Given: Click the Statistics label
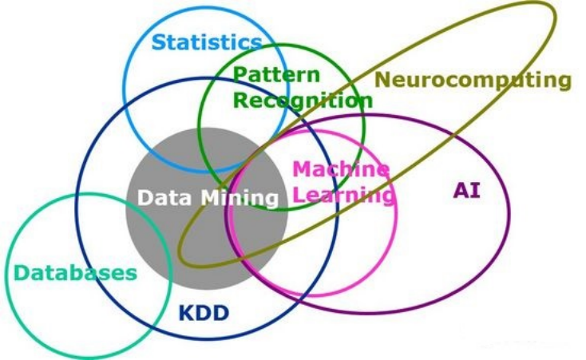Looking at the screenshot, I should [x=206, y=42].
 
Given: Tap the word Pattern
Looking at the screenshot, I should [x=276, y=76].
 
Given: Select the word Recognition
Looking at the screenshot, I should [x=303, y=101].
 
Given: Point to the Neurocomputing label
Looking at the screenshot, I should [x=473, y=80].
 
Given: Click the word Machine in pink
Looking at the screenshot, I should [x=341, y=169].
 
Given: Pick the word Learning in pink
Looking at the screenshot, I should [x=342, y=194].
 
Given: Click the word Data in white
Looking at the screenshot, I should [x=166, y=198].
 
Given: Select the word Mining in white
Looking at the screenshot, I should [x=240, y=198].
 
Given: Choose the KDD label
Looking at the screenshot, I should [x=203, y=312].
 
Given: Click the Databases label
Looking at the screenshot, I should [x=75, y=273].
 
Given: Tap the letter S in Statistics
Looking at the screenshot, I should [x=158, y=42].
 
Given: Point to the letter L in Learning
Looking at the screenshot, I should [x=297, y=194].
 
